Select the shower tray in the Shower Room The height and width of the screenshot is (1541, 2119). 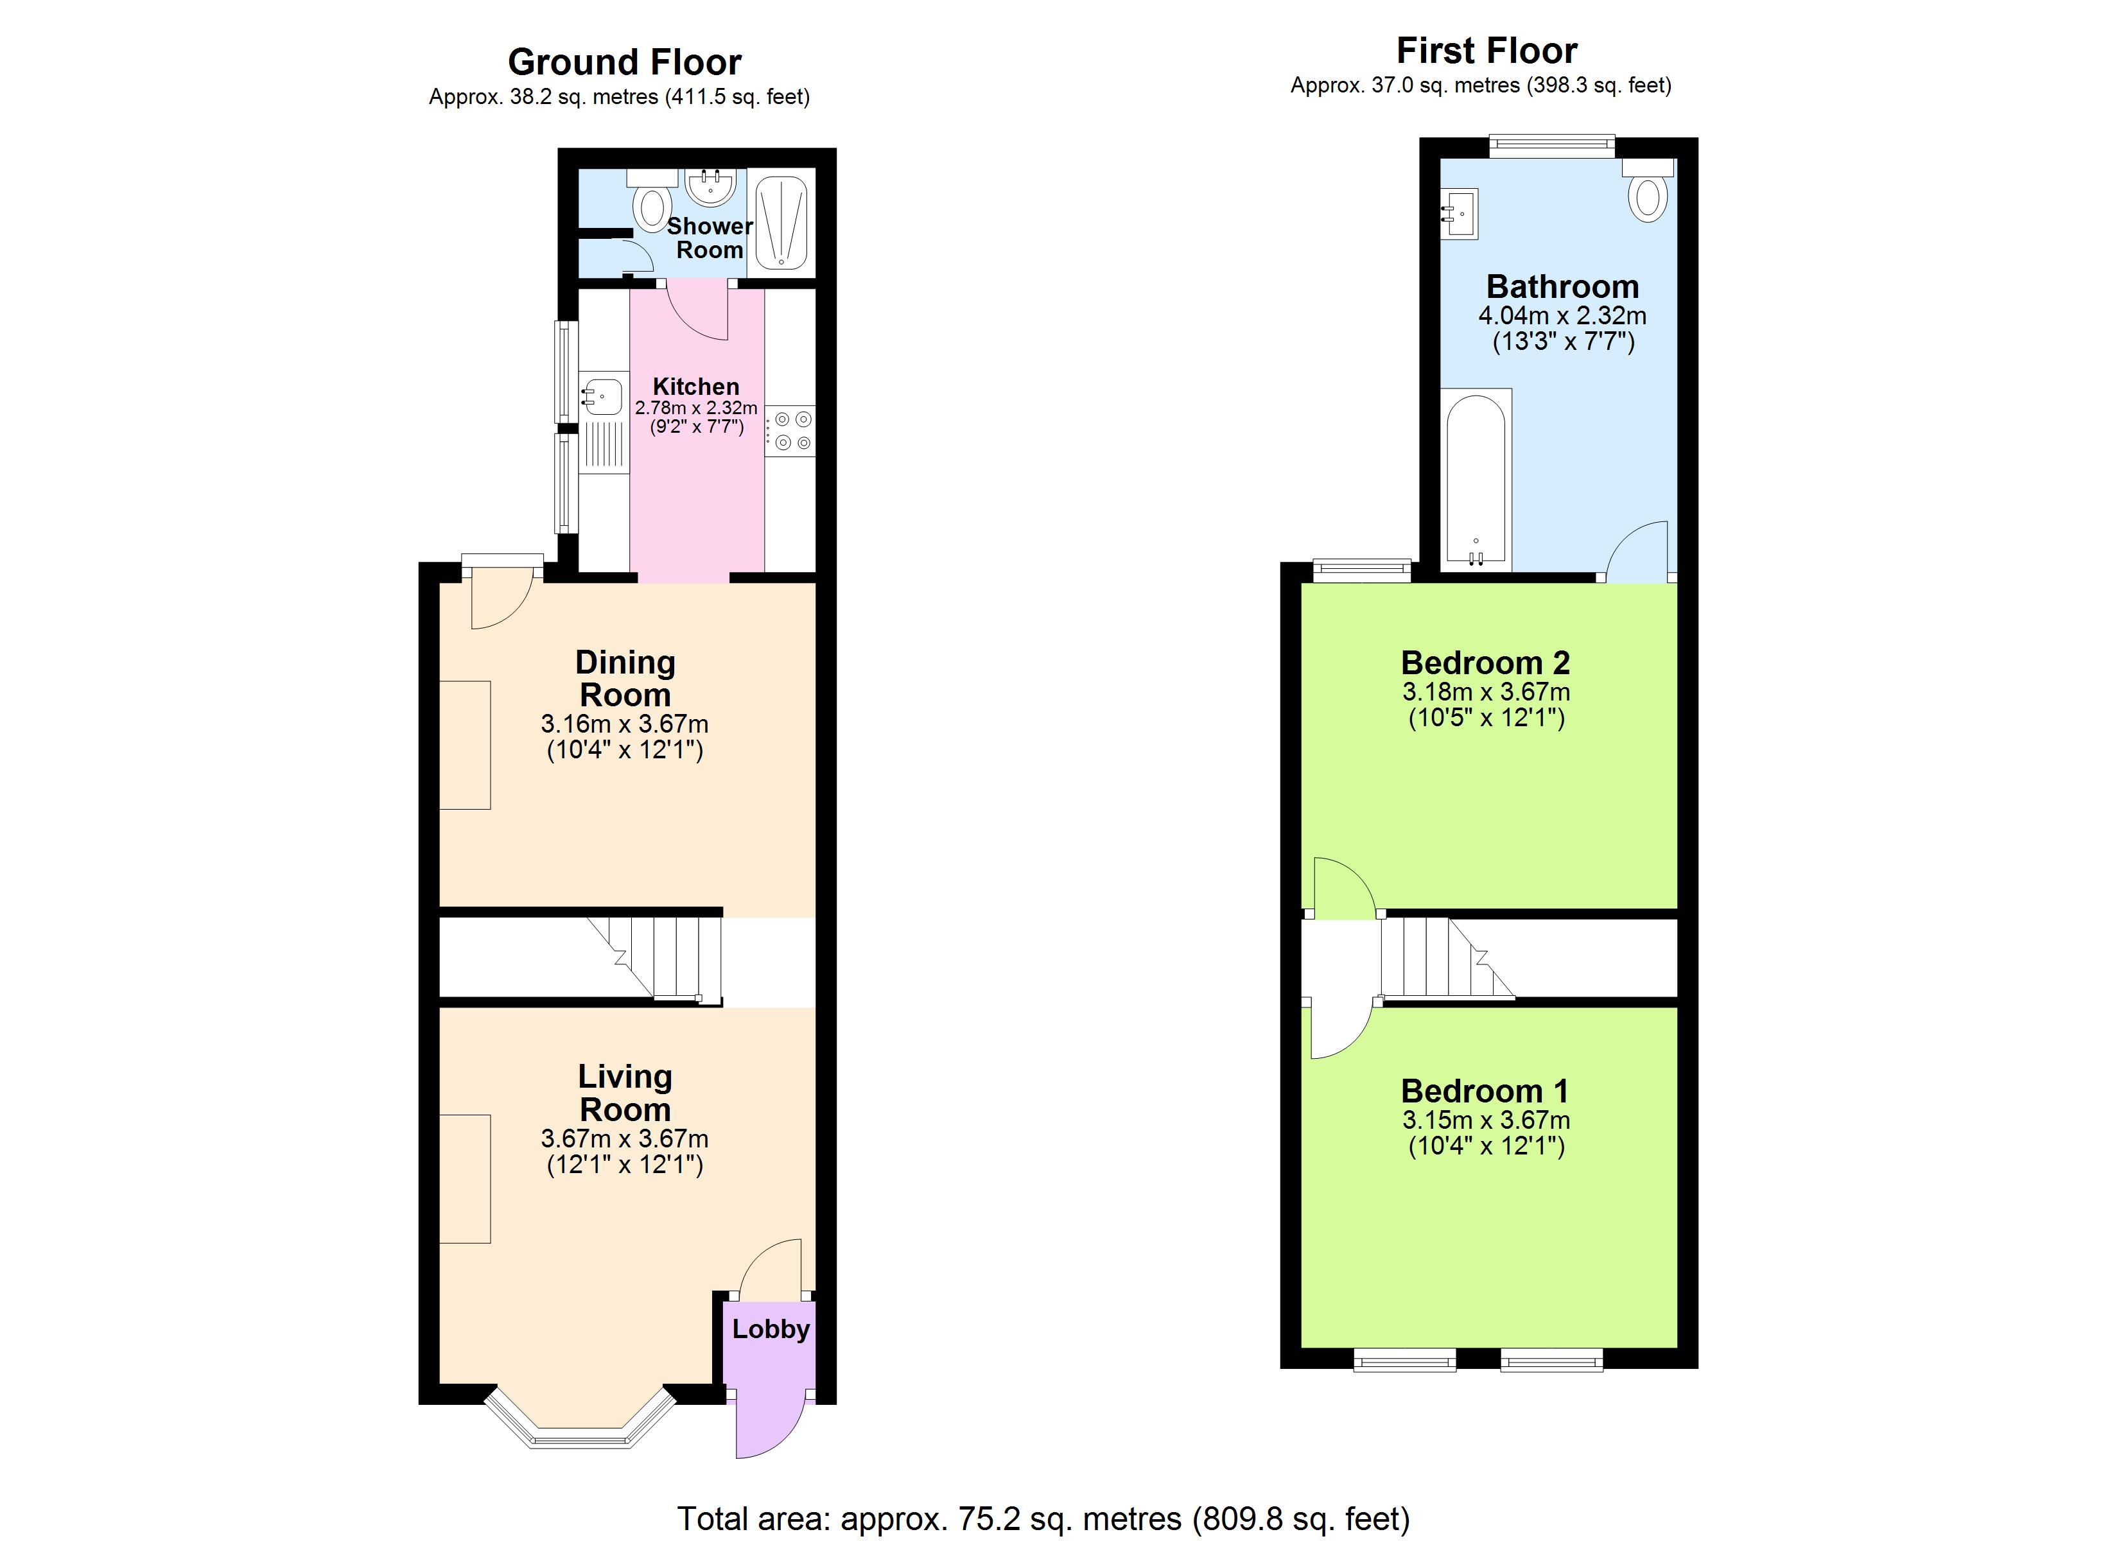click(x=781, y=222)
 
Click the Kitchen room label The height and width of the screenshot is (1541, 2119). click(x=696, y=386)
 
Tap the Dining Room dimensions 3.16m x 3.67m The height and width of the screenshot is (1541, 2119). click(x=624, y=724)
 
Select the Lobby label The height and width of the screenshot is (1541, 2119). click(x=771, y=1329)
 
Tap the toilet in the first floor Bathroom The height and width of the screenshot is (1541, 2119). click(x=1648, y=195)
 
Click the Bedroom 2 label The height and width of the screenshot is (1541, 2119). click(x=1485, y=663)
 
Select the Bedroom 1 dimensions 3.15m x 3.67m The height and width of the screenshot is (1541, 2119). click(x=1485, y=1120)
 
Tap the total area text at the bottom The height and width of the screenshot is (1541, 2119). click(x=1043, y=1519)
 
